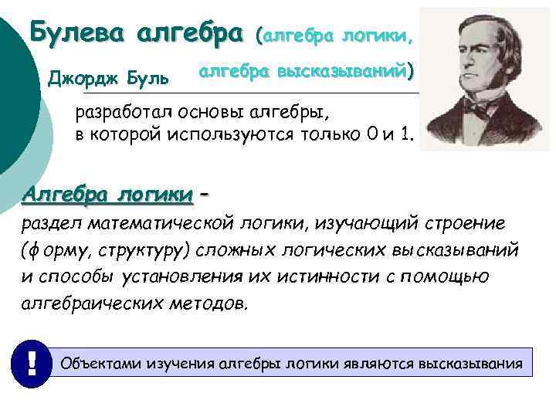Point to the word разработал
[124, 113]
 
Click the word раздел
[46, 223]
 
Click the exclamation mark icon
[32, 362]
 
